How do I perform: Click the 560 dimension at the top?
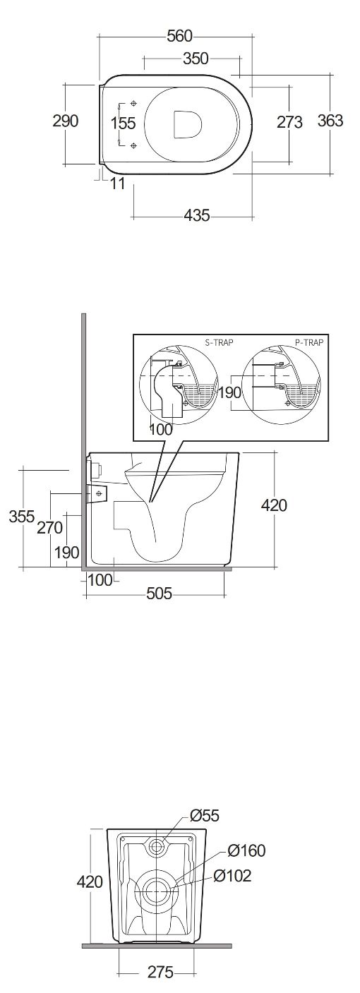[x=179, y=37]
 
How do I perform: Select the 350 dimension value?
[x=196, y=59]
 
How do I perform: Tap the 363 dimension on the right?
[x=331, y=120]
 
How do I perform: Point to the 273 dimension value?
[x=290, y=122]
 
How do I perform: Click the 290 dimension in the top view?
[x=66, y=121]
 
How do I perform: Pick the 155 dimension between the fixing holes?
[x=123, y=123]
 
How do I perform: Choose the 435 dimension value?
[x=196, y=215]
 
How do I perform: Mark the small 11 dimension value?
[x=117, y=183]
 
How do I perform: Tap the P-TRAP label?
[x=309, y=342]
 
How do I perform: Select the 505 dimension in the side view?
[x=159, y=593]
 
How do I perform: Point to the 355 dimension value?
[x=22, y=517]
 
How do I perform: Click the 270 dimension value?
[x=49, y=527]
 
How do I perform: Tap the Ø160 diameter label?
[x=246, y=850]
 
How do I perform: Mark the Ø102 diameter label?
[x=232, y=876]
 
